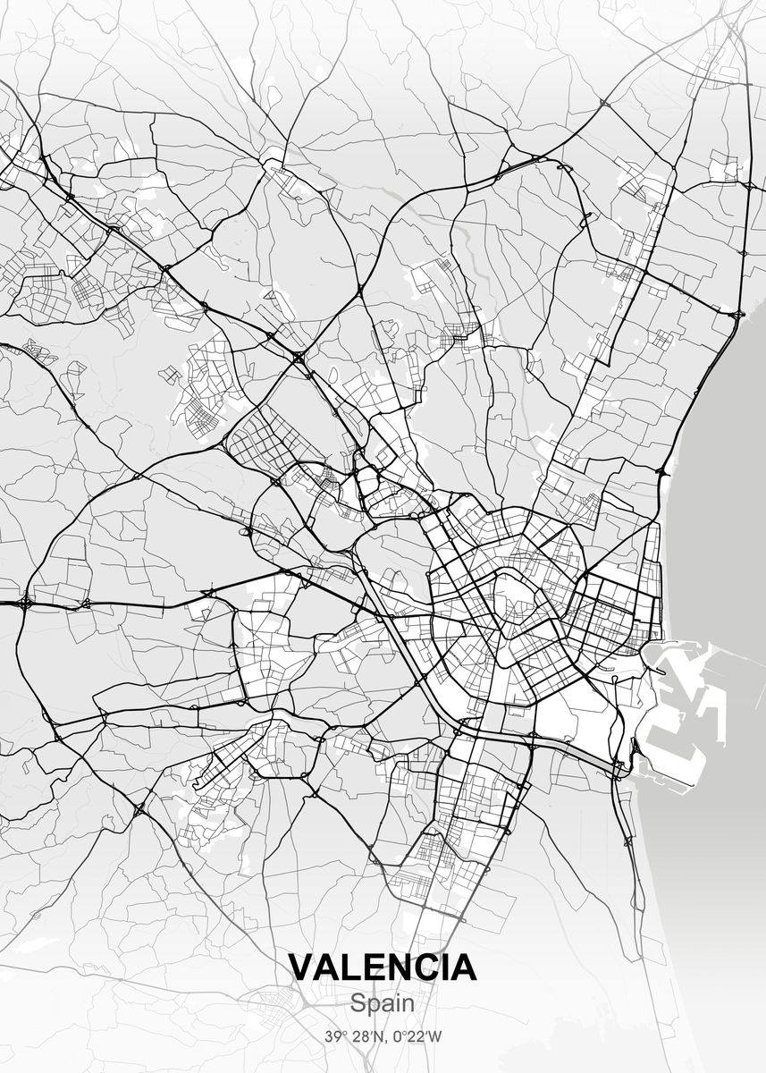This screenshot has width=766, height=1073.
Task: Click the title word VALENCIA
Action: (383, 967)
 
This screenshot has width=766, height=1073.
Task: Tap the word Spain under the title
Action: (383, 1003)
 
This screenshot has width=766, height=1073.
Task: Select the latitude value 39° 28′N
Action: (352, 1037)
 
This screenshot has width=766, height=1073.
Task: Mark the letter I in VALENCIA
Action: (443, 967)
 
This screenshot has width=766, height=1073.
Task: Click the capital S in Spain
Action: (358, 1003)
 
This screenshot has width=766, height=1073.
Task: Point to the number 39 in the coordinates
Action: (332, 1037)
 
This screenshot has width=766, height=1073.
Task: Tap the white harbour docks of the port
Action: (679, 706)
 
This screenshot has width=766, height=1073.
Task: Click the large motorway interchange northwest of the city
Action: (298, 357)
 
